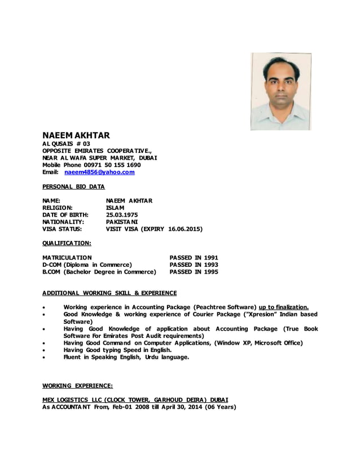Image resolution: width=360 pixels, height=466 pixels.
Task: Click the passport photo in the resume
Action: click(280, 92)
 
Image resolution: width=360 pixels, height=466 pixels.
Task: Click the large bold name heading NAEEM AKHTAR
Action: click(76, 135)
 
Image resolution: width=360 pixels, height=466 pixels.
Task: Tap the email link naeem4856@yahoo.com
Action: click(100, 172)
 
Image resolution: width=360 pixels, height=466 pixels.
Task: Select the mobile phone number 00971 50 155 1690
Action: click(113, 165)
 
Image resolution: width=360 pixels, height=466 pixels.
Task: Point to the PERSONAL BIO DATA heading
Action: click(73, 186)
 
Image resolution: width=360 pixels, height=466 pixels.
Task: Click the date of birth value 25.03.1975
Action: click(121, 215)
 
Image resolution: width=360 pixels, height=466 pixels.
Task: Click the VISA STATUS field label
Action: click(63, 230)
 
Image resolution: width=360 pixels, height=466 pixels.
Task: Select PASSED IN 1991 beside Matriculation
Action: click(194, 257)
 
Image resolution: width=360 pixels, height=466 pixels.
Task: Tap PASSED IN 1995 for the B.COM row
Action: click(194, 272)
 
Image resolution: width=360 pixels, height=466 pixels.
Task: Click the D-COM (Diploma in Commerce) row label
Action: click(87, 265)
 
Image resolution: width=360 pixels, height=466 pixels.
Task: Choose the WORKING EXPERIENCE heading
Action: click(78, 386)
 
